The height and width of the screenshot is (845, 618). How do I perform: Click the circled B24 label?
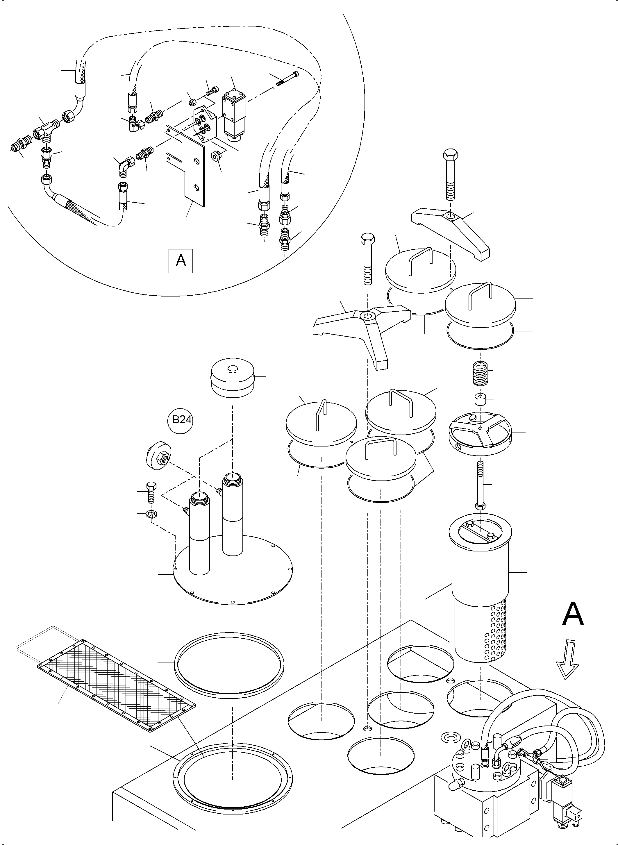tap(182, 420)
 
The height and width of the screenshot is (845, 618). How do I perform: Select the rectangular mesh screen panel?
tap(116, 684)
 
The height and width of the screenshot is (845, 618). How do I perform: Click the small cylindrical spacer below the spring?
tap(480, 399)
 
